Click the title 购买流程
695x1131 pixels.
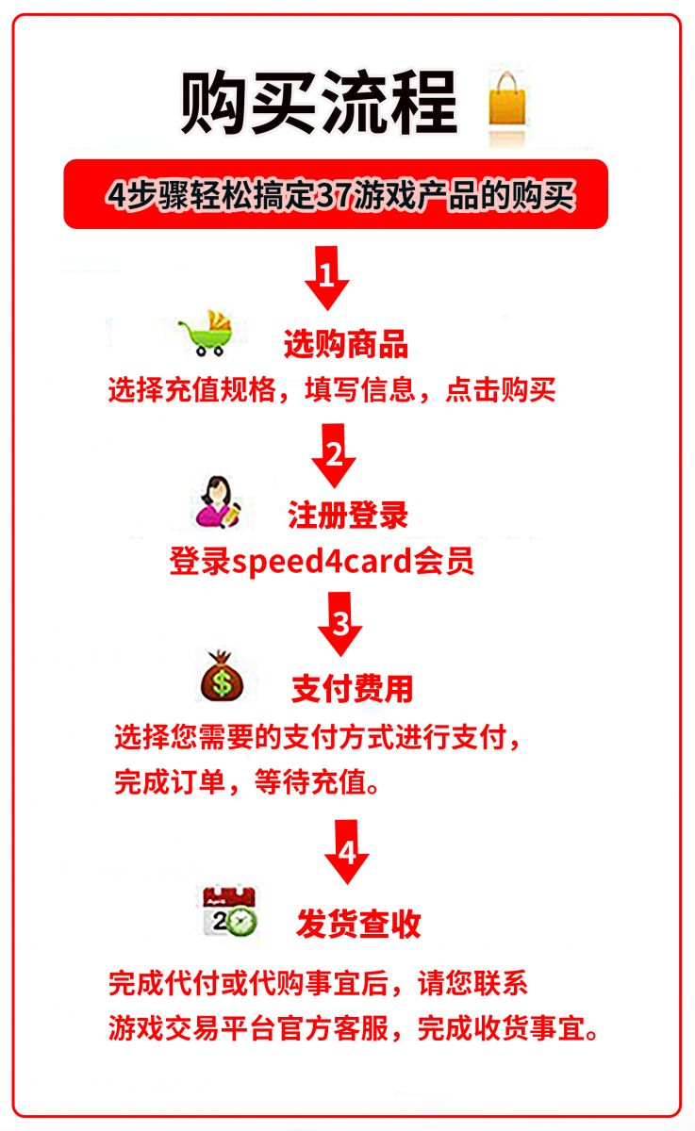[x=320, y=103]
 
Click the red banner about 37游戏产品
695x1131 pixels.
[x=336, y=194]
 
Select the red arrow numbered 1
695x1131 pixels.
[x=327, y=278]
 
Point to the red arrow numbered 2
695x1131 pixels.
[x=334, y=455]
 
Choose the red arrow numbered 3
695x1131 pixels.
[x=339, y=624]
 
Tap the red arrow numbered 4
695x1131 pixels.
[x=346, y=852]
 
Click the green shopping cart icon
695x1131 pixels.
[x=207, y=334]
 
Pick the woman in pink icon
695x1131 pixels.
[x=218, y=501]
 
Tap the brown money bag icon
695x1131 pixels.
[x=222, y=676]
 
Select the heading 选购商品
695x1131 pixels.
[x=346, y=344]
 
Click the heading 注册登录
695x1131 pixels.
[x=348, y=515]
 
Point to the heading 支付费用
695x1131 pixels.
[x=352, y=688]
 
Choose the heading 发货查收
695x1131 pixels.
[x=358, y=924]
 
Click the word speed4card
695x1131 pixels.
[x=323, y=562]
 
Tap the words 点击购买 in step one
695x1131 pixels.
[x=501, y=390]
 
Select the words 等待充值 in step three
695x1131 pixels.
[x=310, y=782]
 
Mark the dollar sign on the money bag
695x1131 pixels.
[x=222, y=683]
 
